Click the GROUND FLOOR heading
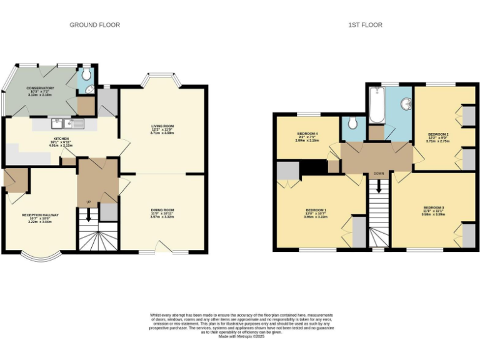(x=94, y=25)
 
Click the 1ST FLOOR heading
(x=366, y=25)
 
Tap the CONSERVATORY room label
(x=40, y=88)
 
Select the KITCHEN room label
(x=61, y=138)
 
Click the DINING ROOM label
(x=162, y=210)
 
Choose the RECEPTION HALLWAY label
(x=40, y=215)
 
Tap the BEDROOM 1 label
(x=316, y=209)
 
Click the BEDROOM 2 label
(x=438, y=134)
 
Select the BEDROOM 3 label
(x=433, y=207)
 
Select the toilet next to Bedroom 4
(x=353, y=122)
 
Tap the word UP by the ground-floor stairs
(x=88, y=202)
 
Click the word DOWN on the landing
(x=379, y=173)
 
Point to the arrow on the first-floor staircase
(x=378, y=187)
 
